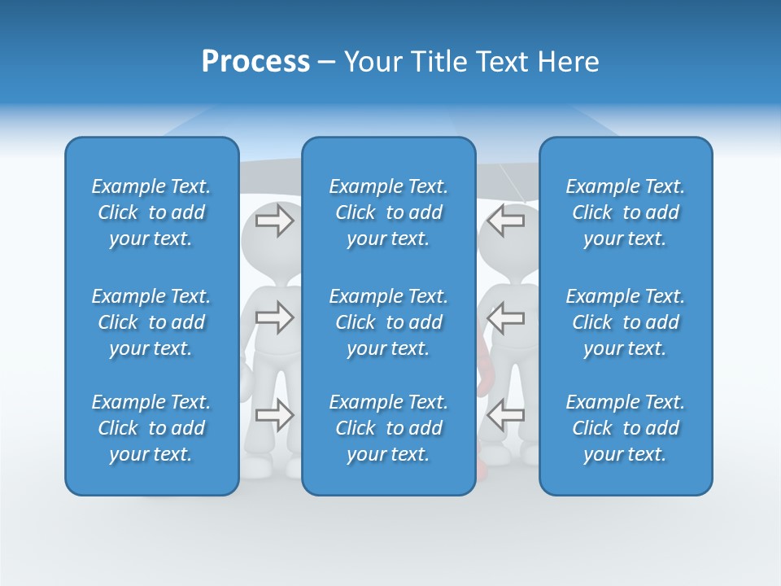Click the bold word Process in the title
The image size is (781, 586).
(255, 62)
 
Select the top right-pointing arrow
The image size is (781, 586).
(274, 221)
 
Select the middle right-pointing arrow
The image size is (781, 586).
(274, 317)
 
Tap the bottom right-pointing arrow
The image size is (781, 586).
(274, 415)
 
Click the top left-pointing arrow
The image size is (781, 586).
(505, 221)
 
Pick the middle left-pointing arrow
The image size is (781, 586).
(505, 317)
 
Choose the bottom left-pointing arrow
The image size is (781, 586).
(505, 415)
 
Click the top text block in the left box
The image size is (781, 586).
(151, 212)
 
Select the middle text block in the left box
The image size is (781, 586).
(151, 322)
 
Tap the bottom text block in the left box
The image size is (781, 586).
(151, 428)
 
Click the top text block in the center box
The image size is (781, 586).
(388, 212)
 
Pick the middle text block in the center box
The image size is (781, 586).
(388, 322)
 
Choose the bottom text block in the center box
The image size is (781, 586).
(388, 428)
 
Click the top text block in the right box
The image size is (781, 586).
(625, 212)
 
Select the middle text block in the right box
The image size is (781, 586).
(625, 322)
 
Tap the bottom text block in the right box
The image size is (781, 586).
(625, 428)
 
